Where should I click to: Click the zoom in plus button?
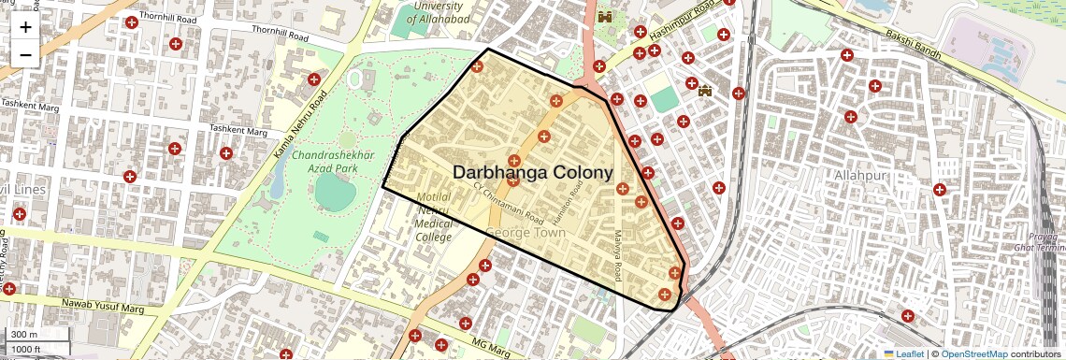(25, 27)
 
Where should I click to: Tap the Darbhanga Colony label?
(533, 173)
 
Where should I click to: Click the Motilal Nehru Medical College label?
(434, 217)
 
